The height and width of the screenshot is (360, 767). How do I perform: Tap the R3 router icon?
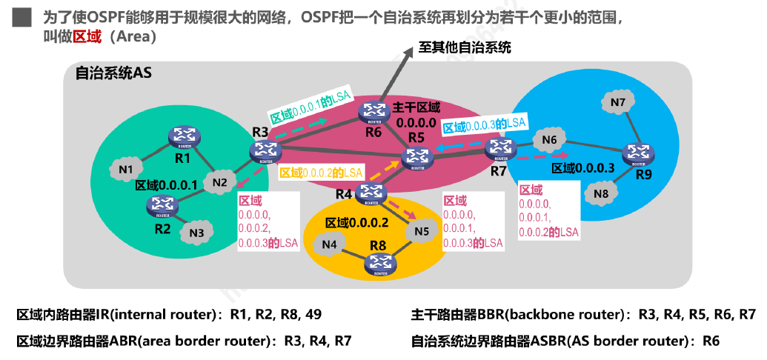pyautogui.click(x=265, y=152)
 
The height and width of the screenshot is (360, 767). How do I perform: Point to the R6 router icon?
pyautogui.click(x=372, y=111)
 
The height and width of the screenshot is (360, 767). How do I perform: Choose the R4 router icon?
pyautogui.click(x=370, y=193)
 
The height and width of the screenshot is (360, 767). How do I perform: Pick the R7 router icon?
pyautogui.click(x=499, y=148)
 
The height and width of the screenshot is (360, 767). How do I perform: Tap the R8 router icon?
pyautogui.click(x=381, y=265)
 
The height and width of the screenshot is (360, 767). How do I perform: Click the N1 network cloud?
pyautogui.click(x=126, y=170)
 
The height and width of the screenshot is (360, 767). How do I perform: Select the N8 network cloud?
pyautogui.click(x=601, y=193)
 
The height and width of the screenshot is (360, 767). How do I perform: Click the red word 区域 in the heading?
pyautogui.click(x=87, y=37)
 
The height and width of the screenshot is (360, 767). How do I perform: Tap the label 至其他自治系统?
pyautogui.click(x=465, y=48)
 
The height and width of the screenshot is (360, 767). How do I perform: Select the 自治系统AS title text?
pyautogui.click(x=113, y=73)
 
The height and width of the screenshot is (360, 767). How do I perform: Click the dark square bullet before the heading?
pyautogui.click(x=21, y=18)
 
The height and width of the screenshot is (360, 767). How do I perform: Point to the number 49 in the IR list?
pyautogui.click(x=312, y=315)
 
